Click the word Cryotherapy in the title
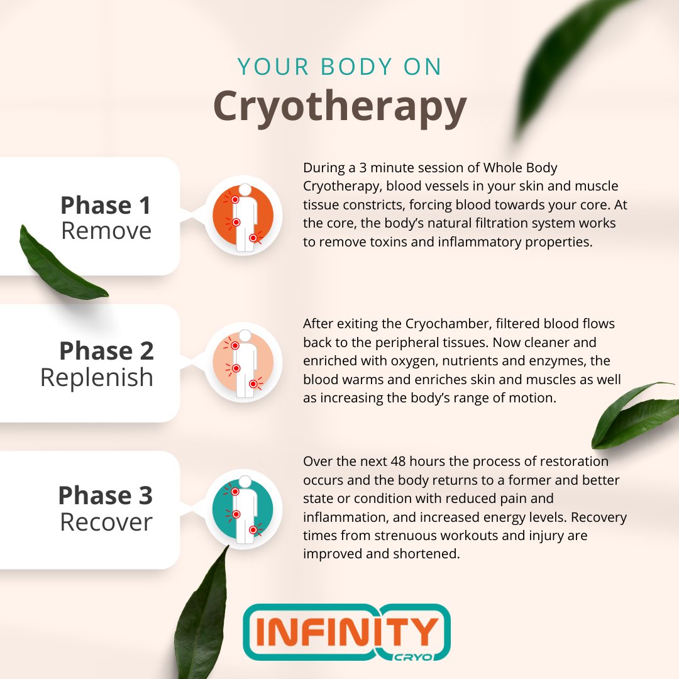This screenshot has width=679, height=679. point(339,107)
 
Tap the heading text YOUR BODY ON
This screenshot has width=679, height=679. point(339,67)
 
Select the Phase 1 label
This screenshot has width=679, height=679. point(106,206)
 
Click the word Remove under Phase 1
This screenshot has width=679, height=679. point(106,231)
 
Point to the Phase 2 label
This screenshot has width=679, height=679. point(106,351)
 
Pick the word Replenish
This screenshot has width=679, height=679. point(97,377)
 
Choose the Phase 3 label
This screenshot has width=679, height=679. point(105,495)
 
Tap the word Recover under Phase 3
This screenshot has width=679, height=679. point(106,522)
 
